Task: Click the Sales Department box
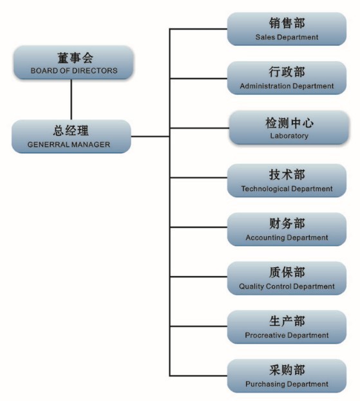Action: point(287,29)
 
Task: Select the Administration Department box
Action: point(287,78)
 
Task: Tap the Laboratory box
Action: point(289,127)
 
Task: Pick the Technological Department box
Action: point(287,181)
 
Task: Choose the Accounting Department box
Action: point(287,229)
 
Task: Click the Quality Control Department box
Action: point(287,278)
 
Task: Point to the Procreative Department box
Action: point(287,327)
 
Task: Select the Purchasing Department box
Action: point(287,376)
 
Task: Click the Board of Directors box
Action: point(73,62)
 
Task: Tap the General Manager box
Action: point(71,136)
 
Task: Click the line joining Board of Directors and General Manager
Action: point(71,100)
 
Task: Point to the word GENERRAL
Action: point(45,145)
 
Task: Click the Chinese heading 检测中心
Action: point(289,123)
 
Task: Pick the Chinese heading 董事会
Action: point(75,58)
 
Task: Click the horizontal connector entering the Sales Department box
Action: point(198,29)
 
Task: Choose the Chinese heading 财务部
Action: point(287,223)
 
